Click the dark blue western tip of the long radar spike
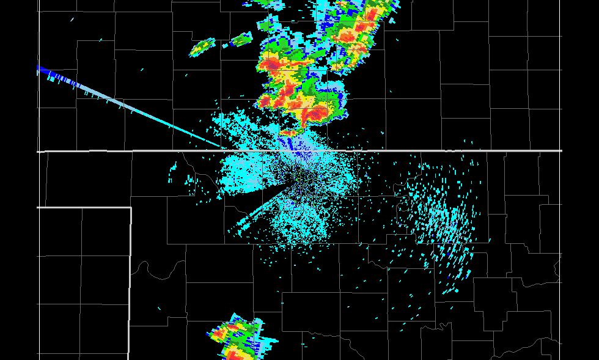(41, 70)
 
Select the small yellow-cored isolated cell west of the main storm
(202, 47)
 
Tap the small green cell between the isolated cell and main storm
(241, 40)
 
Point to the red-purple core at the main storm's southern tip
(315, 113)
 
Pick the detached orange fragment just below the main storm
(288, 131)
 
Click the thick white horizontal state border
(428, 150)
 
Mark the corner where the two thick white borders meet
(131, 208)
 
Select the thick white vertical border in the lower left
(130, 281)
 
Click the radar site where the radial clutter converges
(297, 178)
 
